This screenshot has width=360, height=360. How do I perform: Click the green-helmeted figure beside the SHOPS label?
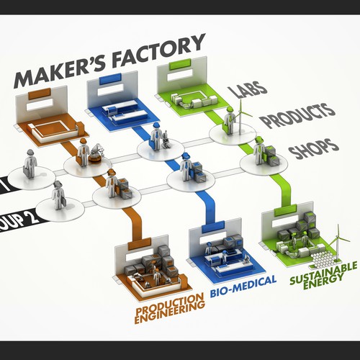[x=259, y=153]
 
